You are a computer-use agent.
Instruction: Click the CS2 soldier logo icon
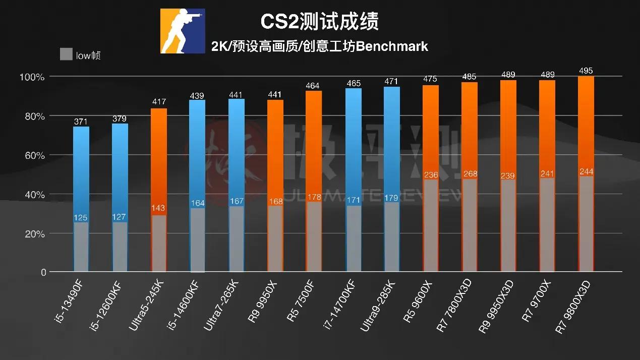click(183, 31)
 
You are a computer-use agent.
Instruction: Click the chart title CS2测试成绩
click(319, 22)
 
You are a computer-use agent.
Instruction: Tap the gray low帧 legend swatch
click(66, 54)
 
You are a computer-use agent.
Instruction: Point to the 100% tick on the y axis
click(32, 77)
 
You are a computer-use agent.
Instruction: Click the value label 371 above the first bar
click(81, 122)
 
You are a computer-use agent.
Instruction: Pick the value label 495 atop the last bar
click(586, 71)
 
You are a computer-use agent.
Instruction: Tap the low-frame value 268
click(470, 174)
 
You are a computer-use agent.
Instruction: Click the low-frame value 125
click(81, 218)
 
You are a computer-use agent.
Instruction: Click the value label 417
click(159, 102)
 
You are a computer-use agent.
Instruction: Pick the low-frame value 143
click(159, 208)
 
